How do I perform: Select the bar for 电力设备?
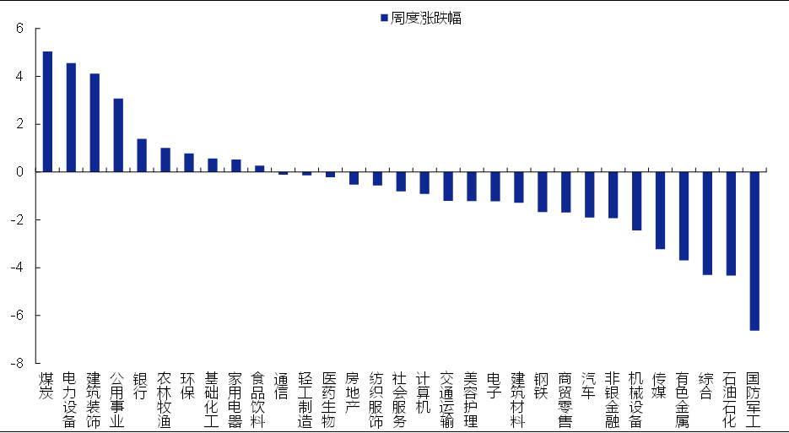pos(71,117)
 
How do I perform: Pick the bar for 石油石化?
pos(731,224)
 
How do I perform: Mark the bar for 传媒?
pos(660,210)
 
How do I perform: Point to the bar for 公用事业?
pos(118,135)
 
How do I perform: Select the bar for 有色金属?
pos(684,216)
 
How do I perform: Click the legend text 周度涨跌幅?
pos(426,18)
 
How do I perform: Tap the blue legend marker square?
pos(384,18)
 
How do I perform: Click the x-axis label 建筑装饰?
pos(95,399)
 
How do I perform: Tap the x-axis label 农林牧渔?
pos(165,399)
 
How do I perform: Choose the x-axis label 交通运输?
pos(447,399)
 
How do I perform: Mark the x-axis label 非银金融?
pos(613,399)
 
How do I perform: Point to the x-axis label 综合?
pos(707,386)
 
